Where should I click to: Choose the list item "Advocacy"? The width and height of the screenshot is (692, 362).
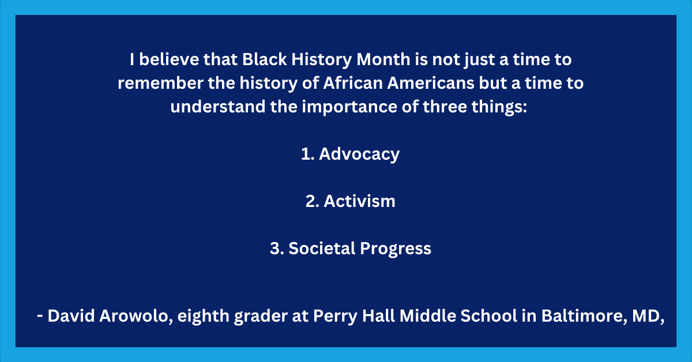(x=359, y=154)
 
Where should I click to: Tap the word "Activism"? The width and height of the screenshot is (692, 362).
(x=359, y=201)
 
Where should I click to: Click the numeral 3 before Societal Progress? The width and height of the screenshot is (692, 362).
(x=275, y=248)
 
